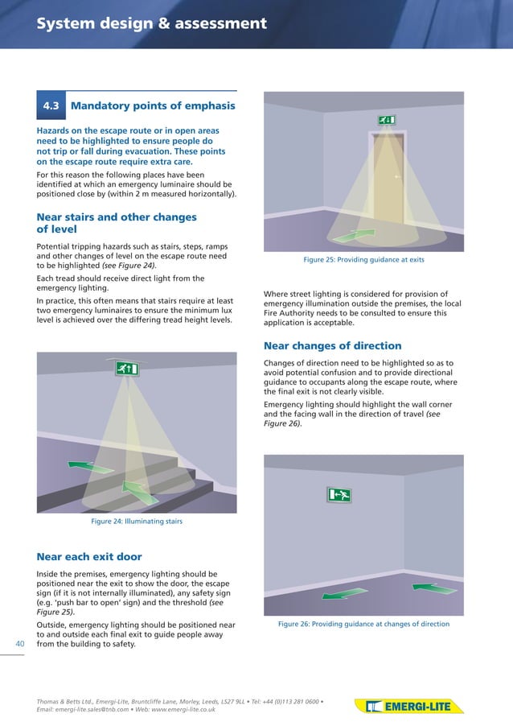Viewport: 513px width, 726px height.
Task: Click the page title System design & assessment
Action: (x=152, y=23)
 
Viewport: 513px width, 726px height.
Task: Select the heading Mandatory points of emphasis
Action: (x=153, y=105)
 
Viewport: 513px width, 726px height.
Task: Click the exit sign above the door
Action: (x=385, y=120)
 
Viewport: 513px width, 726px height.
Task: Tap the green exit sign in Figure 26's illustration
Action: (x=339, y=495)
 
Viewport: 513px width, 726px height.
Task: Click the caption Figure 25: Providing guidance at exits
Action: (x=363, y=260)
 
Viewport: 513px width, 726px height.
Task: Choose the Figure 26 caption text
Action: (x=363, y=624)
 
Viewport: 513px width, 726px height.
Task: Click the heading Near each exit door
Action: (x=89, y=556)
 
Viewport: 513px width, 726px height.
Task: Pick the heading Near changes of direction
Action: (x=332, y=346)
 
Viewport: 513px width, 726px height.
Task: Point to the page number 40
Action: (x=21, y=643)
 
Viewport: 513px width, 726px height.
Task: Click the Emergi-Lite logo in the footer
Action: (x=409, y=707)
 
